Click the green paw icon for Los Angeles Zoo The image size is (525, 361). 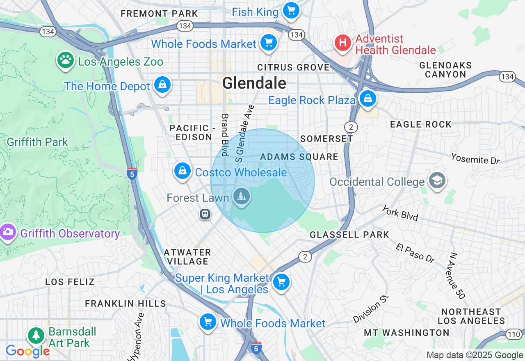[65, 60]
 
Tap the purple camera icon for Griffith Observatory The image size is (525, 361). [7, 232]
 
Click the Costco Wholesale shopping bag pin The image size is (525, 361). [183, 171]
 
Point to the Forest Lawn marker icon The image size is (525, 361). [242, 196]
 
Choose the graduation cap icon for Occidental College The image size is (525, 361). [437, 180]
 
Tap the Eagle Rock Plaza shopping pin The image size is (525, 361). [367, 99]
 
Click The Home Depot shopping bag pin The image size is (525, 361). [162, 85]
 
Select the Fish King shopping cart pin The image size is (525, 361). [291, 10]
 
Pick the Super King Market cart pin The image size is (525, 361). [281, 282]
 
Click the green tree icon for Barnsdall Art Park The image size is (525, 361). [37, 335]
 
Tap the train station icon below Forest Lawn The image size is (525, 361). [205, 214]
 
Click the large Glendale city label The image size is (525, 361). [254, 83]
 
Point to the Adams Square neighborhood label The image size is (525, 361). [299, 157]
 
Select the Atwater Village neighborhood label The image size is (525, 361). [187, 257]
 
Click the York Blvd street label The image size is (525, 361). [399, 213]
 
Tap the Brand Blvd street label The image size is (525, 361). [225, 135]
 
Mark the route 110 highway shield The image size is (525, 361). [514, 334]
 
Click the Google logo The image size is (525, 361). [27, 351]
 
